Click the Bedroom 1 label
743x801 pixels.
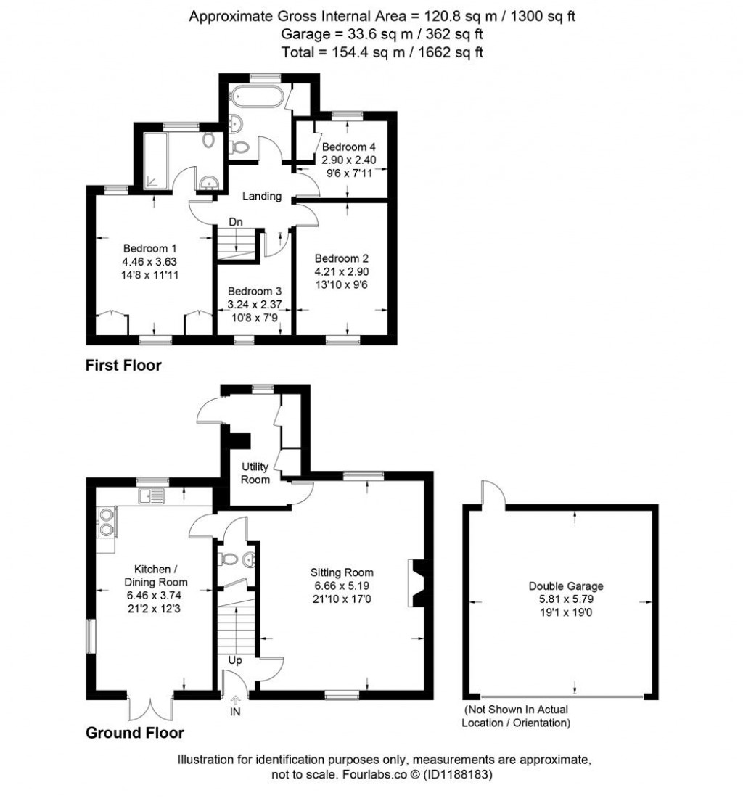click(149, 249)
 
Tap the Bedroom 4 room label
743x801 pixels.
click(348, 147)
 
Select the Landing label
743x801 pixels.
click(262, 196)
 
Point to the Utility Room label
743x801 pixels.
click(255, 473)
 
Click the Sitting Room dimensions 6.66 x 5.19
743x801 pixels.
click(342, 586)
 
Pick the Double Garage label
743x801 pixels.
click(566, 586)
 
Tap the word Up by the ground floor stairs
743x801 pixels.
click(235, 660)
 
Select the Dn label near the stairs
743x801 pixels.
click(236, 222)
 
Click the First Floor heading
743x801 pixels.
click(123, 365)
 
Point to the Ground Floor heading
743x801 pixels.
click(134, 733)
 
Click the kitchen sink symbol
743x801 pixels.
click(151, 496)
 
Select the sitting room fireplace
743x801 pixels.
click(416, 583)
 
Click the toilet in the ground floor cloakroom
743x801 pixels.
click(228, 559)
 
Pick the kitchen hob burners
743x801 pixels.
click(106, 522)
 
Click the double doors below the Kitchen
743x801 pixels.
click(151, 708)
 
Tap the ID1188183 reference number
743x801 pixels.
click(457, 774)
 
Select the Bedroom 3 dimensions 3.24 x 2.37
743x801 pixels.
click(255, 305)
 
